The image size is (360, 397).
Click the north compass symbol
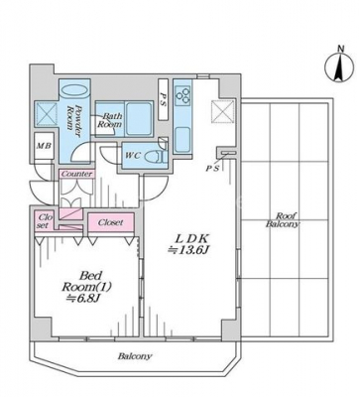click(x=338, y=67)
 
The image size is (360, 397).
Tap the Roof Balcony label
click(x=282, y=219)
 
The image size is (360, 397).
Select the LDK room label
click(x=191, y=238)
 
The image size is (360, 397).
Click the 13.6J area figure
click(x=188, y=251)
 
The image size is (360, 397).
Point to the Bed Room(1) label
click(x=86, y=281)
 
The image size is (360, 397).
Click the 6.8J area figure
click(x=82, y=299)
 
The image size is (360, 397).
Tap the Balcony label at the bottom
click(x=135, y=356)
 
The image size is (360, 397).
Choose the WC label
click(x=132, y=155)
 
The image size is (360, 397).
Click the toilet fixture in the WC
click(x=157, y=156)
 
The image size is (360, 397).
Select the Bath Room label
click(x=109, y=120)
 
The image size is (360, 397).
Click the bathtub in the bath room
click(x=139, y=118)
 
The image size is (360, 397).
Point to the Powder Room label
click(x=73, y=117)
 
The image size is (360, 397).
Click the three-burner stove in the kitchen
click(x=182, y=92)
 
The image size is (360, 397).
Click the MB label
click(x=44, y=146)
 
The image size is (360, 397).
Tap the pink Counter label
click(x=76, y=174)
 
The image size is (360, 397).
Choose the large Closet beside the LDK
click(x=111, y=222)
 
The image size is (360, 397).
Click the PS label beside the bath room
click(x=164, y=99)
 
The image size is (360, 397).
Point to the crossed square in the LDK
click(x=223, y=111)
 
